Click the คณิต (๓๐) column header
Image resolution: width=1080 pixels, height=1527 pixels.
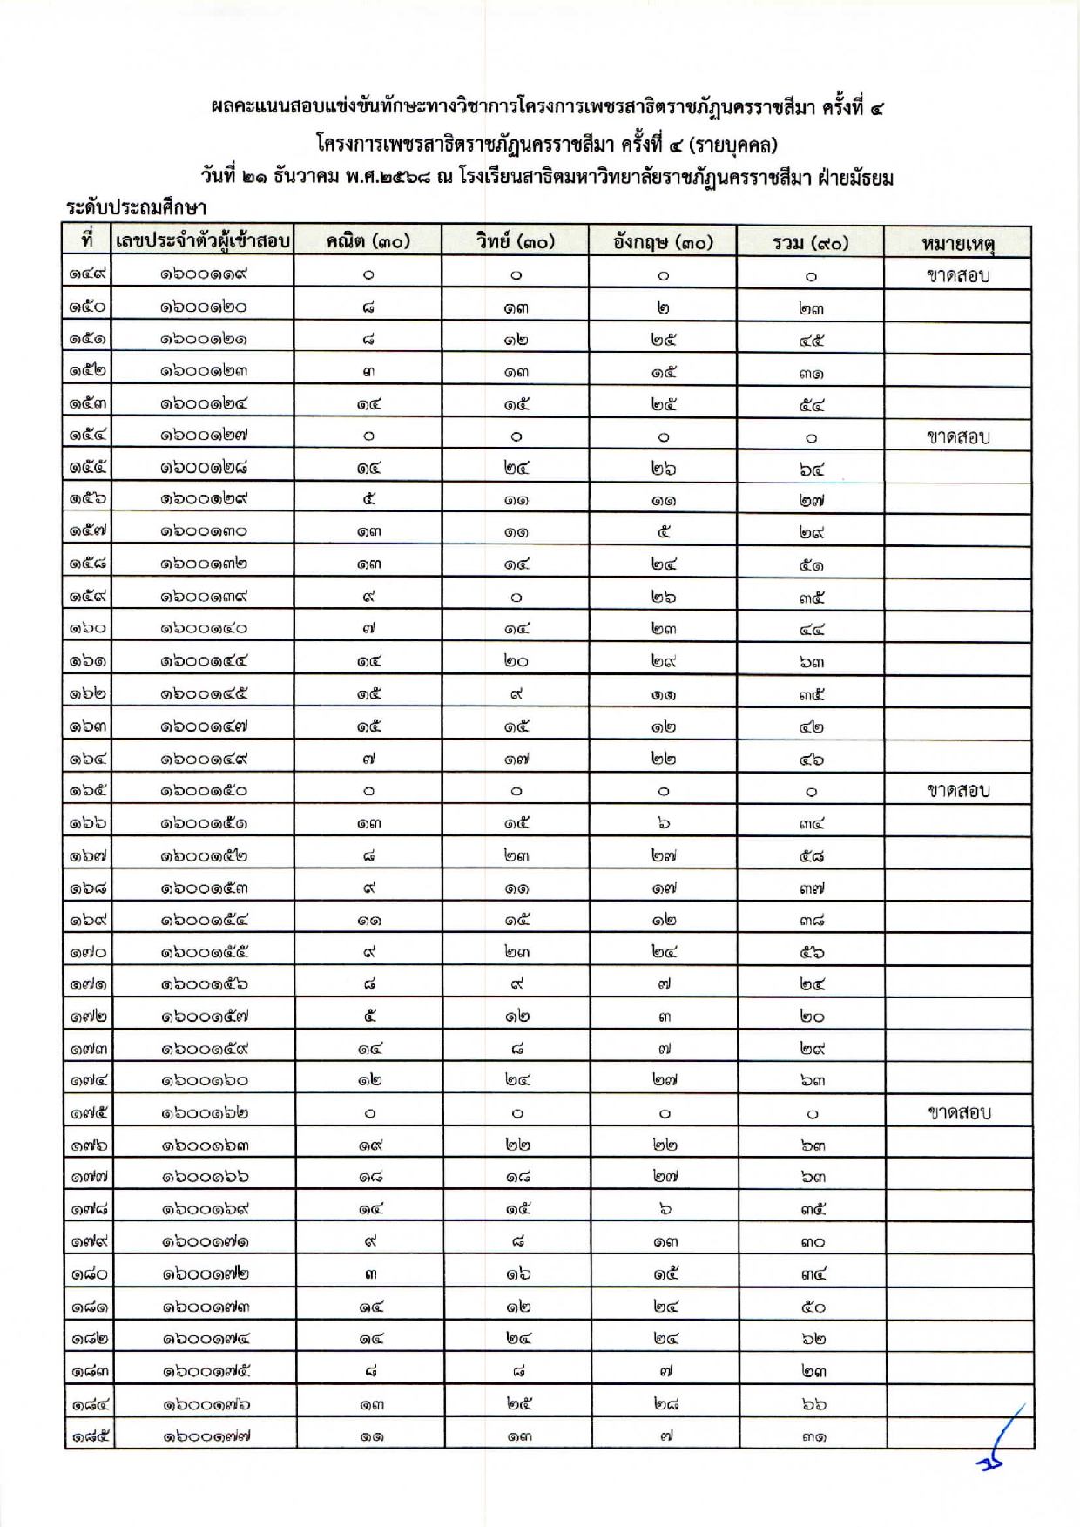click(x=368, y=242)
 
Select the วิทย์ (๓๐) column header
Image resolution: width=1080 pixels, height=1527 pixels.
click(x=515, y=242)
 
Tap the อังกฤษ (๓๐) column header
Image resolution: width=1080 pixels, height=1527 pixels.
click(x=663, y=242)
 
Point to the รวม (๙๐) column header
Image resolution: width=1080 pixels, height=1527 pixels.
click(x=810, y=242)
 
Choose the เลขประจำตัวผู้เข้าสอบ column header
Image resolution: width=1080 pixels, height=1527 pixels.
click(x=203, y=241)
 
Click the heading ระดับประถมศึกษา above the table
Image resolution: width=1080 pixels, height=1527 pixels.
click(x=136, y=208)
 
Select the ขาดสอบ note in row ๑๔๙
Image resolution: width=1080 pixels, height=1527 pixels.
click(x=958, y=276)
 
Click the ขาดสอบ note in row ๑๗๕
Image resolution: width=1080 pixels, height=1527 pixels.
click(x=959, y=1112)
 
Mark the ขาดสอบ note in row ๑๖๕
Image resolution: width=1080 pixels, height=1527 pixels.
click(x=958, y=791)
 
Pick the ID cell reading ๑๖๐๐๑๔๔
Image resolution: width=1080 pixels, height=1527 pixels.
click(x=204, y=661)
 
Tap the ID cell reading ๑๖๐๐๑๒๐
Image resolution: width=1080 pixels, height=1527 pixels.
click(x=204, y=307)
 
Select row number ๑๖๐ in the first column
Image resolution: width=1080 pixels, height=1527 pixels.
click(x=88, y=628)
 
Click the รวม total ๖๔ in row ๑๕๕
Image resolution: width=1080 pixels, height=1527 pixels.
click(x=811, y=469)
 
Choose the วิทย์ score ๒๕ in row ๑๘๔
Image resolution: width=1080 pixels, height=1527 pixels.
click(x=517, y=1403)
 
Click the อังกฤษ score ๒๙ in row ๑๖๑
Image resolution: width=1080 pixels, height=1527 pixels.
click(x=664, y=661)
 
